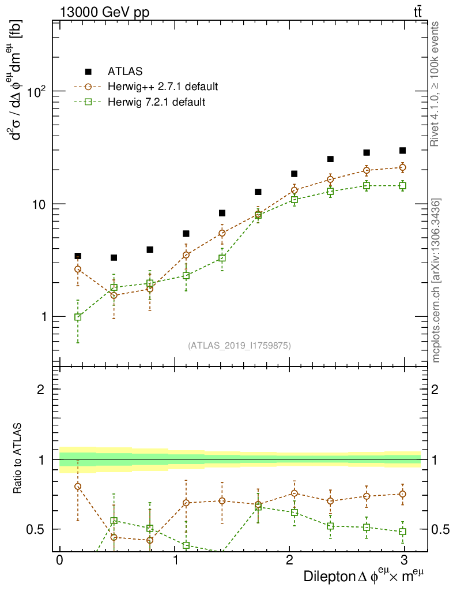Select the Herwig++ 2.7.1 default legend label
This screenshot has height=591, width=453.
162,87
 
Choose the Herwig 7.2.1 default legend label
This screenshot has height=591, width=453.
156,102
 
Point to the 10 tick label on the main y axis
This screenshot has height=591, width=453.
42,204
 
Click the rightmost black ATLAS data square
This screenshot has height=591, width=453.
402,151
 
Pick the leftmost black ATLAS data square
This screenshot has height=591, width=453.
78,256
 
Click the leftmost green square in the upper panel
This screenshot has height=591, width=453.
78,317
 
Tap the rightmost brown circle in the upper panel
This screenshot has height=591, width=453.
402,167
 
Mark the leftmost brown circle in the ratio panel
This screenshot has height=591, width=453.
78,486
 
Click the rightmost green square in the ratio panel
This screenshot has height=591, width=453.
402,532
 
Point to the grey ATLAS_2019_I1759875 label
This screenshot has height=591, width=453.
239,346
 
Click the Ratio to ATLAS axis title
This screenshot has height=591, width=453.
18,459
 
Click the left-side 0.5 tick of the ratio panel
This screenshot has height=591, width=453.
40,529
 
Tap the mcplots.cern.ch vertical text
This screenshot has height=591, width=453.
436,280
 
